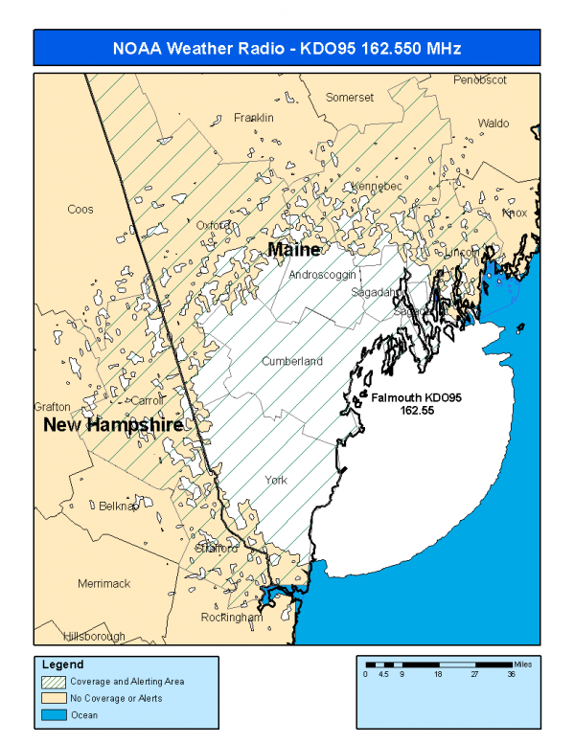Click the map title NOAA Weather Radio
pos(287,48)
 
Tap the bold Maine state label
pos(293,249)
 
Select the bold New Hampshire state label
pos(113,424)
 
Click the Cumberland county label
pos(292,362)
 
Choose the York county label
pos(276,480)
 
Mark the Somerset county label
pos(349,98)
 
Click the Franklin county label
pos(254,118)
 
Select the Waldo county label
pos(494,124)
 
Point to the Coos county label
pos(80,210)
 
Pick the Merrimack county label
pos(103,583)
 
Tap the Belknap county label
pos(118,507)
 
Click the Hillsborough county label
pos(94,637)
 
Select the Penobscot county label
pos(479,79)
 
